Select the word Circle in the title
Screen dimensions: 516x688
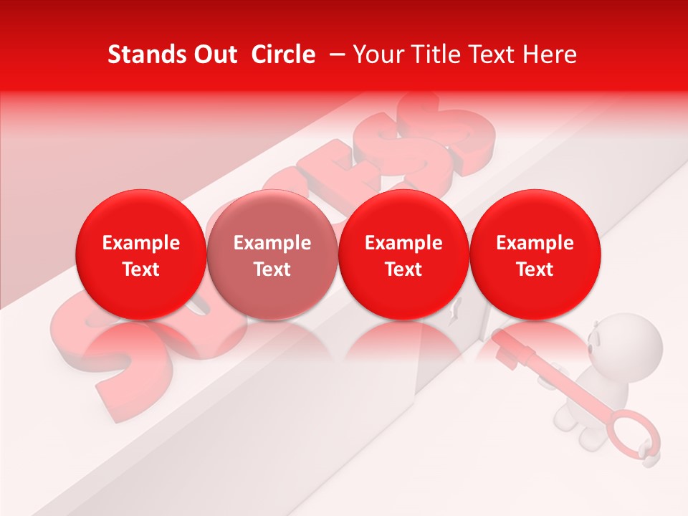[x=282, y=54]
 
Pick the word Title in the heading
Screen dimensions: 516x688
[x=438, y=54]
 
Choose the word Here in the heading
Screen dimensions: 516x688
[x=552, y=54]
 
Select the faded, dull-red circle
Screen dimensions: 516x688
[x=272, y=255]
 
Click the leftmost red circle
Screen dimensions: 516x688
[x=140, y=255]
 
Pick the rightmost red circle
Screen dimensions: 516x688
[x=535, y=255]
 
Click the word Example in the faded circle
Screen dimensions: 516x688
[x=272, y=243]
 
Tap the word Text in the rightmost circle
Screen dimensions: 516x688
[x=535, y=269]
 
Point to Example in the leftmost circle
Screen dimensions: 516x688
[x=141, y=243]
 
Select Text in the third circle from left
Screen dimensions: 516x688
[x=403, y=269]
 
